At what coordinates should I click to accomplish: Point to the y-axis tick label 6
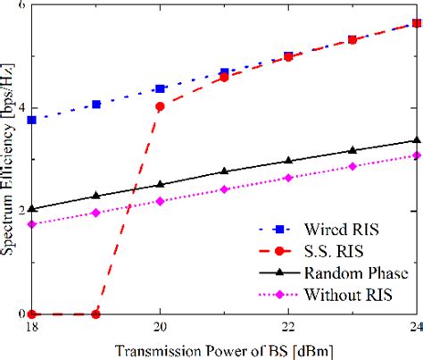pos(22,7)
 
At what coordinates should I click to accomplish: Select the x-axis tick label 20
pos(160,326)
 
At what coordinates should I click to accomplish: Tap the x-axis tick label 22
pos(287,326)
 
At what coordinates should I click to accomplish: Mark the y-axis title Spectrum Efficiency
pos(8,161)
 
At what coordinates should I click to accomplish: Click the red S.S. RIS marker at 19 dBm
pos(96,314)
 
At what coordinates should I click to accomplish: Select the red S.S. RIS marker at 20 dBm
pos(160,107)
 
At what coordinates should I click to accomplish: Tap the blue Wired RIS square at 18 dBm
pos(32,120)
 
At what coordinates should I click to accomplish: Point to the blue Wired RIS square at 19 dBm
pos(96,105)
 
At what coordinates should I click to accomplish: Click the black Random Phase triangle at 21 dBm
pos(224,171)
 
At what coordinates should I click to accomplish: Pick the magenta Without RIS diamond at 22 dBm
pos(287,178)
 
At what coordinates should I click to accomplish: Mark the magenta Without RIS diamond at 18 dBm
pos(32,224)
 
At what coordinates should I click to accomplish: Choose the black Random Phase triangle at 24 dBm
pos(415,140)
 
